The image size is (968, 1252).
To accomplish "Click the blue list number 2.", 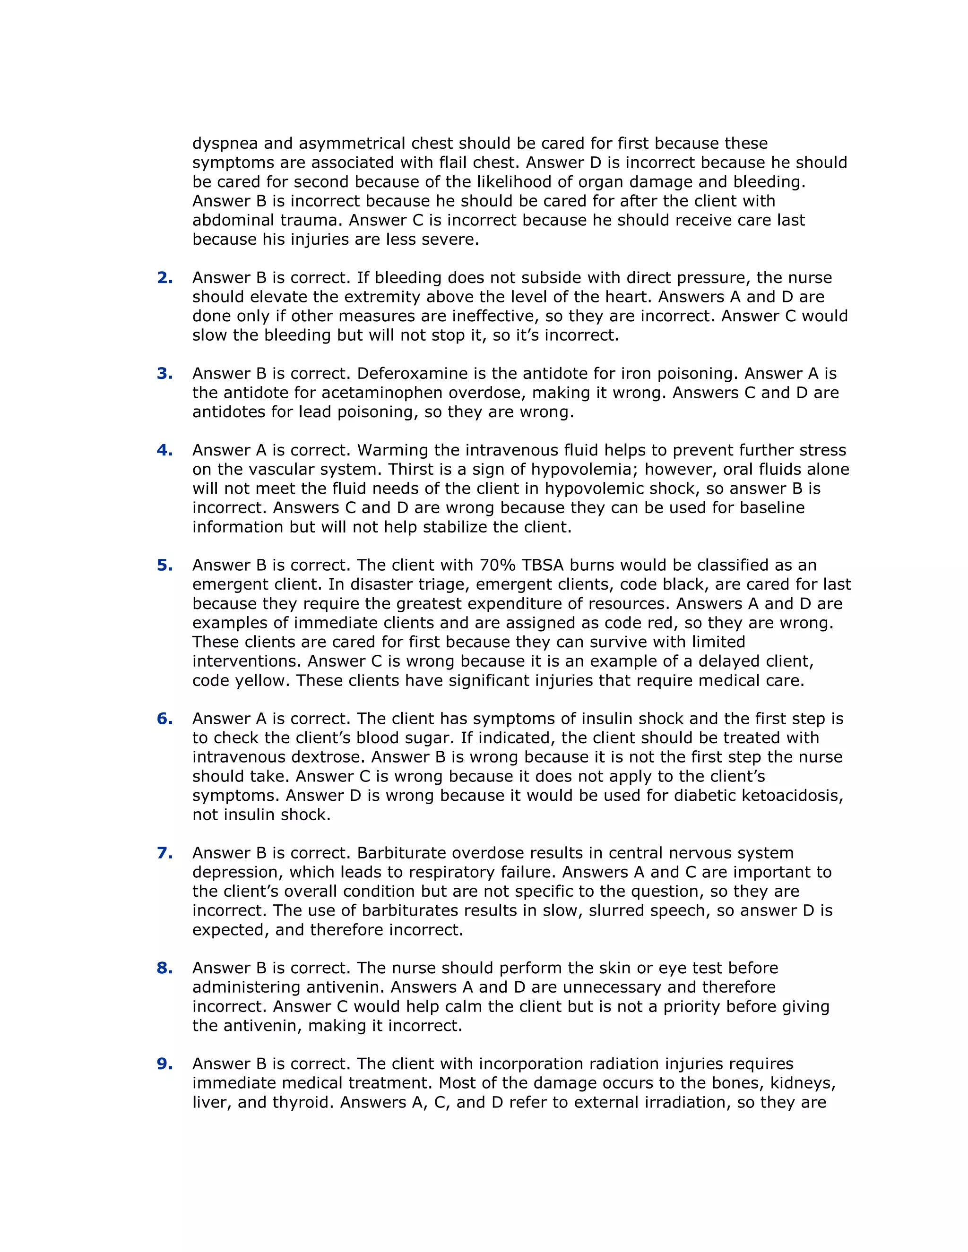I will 164,278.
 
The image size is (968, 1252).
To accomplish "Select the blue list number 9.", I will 164,1064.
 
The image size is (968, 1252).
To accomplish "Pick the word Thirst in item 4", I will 412,470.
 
